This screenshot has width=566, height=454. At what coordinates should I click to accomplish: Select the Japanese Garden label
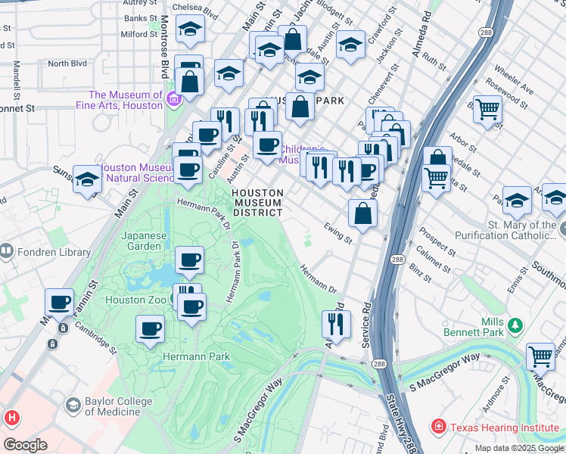pos(144,241)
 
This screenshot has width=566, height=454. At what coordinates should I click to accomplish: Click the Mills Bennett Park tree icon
pos(515,325)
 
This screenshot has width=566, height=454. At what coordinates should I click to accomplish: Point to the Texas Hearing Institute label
pos(505,428)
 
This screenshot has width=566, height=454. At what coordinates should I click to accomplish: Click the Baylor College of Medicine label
pos(112,406)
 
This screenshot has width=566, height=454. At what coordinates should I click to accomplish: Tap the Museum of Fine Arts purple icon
pos(173,98)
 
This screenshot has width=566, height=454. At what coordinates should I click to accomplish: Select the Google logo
pos(25,444)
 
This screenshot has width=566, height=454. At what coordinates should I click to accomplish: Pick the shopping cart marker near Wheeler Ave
pos(487,108)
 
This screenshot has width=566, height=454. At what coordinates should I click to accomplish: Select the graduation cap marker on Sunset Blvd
pos(88,179)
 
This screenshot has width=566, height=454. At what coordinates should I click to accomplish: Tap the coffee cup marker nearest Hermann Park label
pos(151,328)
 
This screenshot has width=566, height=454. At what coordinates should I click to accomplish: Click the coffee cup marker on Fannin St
pos(59,302)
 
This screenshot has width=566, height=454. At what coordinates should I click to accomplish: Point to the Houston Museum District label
pos(258,203)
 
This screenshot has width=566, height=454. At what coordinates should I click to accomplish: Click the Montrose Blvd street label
pos(163,57)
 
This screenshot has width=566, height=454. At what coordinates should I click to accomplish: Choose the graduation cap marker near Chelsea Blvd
pos(189,30)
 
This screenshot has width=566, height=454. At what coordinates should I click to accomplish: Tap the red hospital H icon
pos(11,417)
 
